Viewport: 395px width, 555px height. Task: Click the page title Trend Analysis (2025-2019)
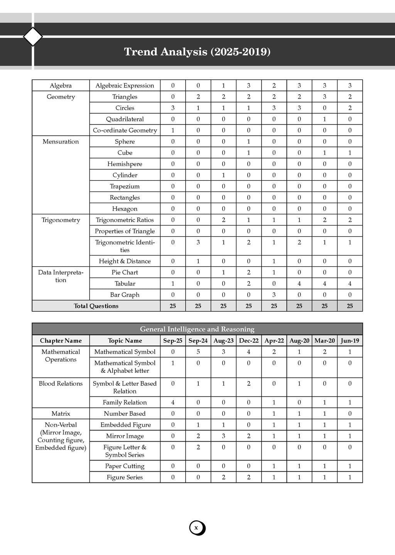click(197, 52)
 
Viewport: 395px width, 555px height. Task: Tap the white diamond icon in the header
click(33, 37)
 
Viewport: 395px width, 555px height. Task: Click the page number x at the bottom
click(196, 528)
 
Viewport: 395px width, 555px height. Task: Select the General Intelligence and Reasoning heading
click(197, 329)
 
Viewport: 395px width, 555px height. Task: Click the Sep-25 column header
click(173, 341)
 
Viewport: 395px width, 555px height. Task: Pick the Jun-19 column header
click(350, 341)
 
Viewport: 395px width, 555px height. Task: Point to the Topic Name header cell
click(125, 341)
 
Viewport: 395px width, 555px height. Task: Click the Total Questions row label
click(96, 306)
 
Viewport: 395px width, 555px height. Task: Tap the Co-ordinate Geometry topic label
click(125, 130)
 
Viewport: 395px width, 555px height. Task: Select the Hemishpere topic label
click(125, 164)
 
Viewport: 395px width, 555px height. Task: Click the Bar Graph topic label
click(125, 295)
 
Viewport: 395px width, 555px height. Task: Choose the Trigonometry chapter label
click(61, 220)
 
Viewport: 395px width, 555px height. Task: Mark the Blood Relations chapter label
click(61, 383)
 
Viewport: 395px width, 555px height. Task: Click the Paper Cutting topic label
click(125, 466)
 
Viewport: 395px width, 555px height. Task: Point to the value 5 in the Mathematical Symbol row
click(198, 352)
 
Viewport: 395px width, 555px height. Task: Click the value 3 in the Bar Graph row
click(274, 295)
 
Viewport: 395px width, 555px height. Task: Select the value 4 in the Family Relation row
click(173, 402)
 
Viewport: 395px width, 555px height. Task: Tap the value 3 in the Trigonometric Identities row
click(198, 242)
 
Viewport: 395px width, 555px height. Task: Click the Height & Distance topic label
click(125, 261)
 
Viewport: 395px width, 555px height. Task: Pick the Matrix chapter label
click(61, 414)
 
